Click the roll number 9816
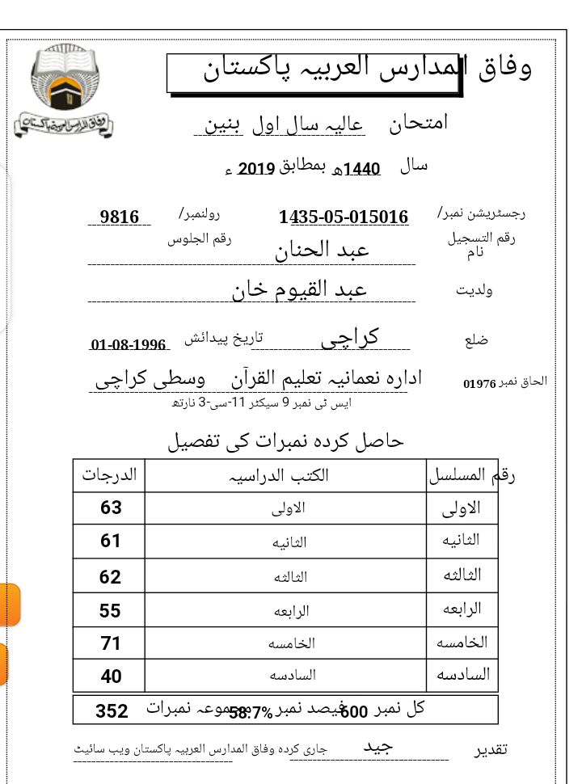[120, 217]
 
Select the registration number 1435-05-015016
[344, 217]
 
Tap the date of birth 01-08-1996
[129, 345]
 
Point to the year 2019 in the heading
[257, 169]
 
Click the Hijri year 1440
[361, 169]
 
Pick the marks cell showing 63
[111, 508]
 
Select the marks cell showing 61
[111, 542]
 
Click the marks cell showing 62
[111, 576]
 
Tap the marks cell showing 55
[111, 610]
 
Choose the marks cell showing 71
[111, 643]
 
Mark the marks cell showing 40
[111, 676]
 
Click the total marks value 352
[112, 710]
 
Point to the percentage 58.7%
[251, 712]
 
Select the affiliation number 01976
[479, 383]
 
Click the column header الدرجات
[110, 474]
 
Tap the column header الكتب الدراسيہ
[287, 474]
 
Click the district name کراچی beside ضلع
[351, 338]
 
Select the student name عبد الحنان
[323, 249]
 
